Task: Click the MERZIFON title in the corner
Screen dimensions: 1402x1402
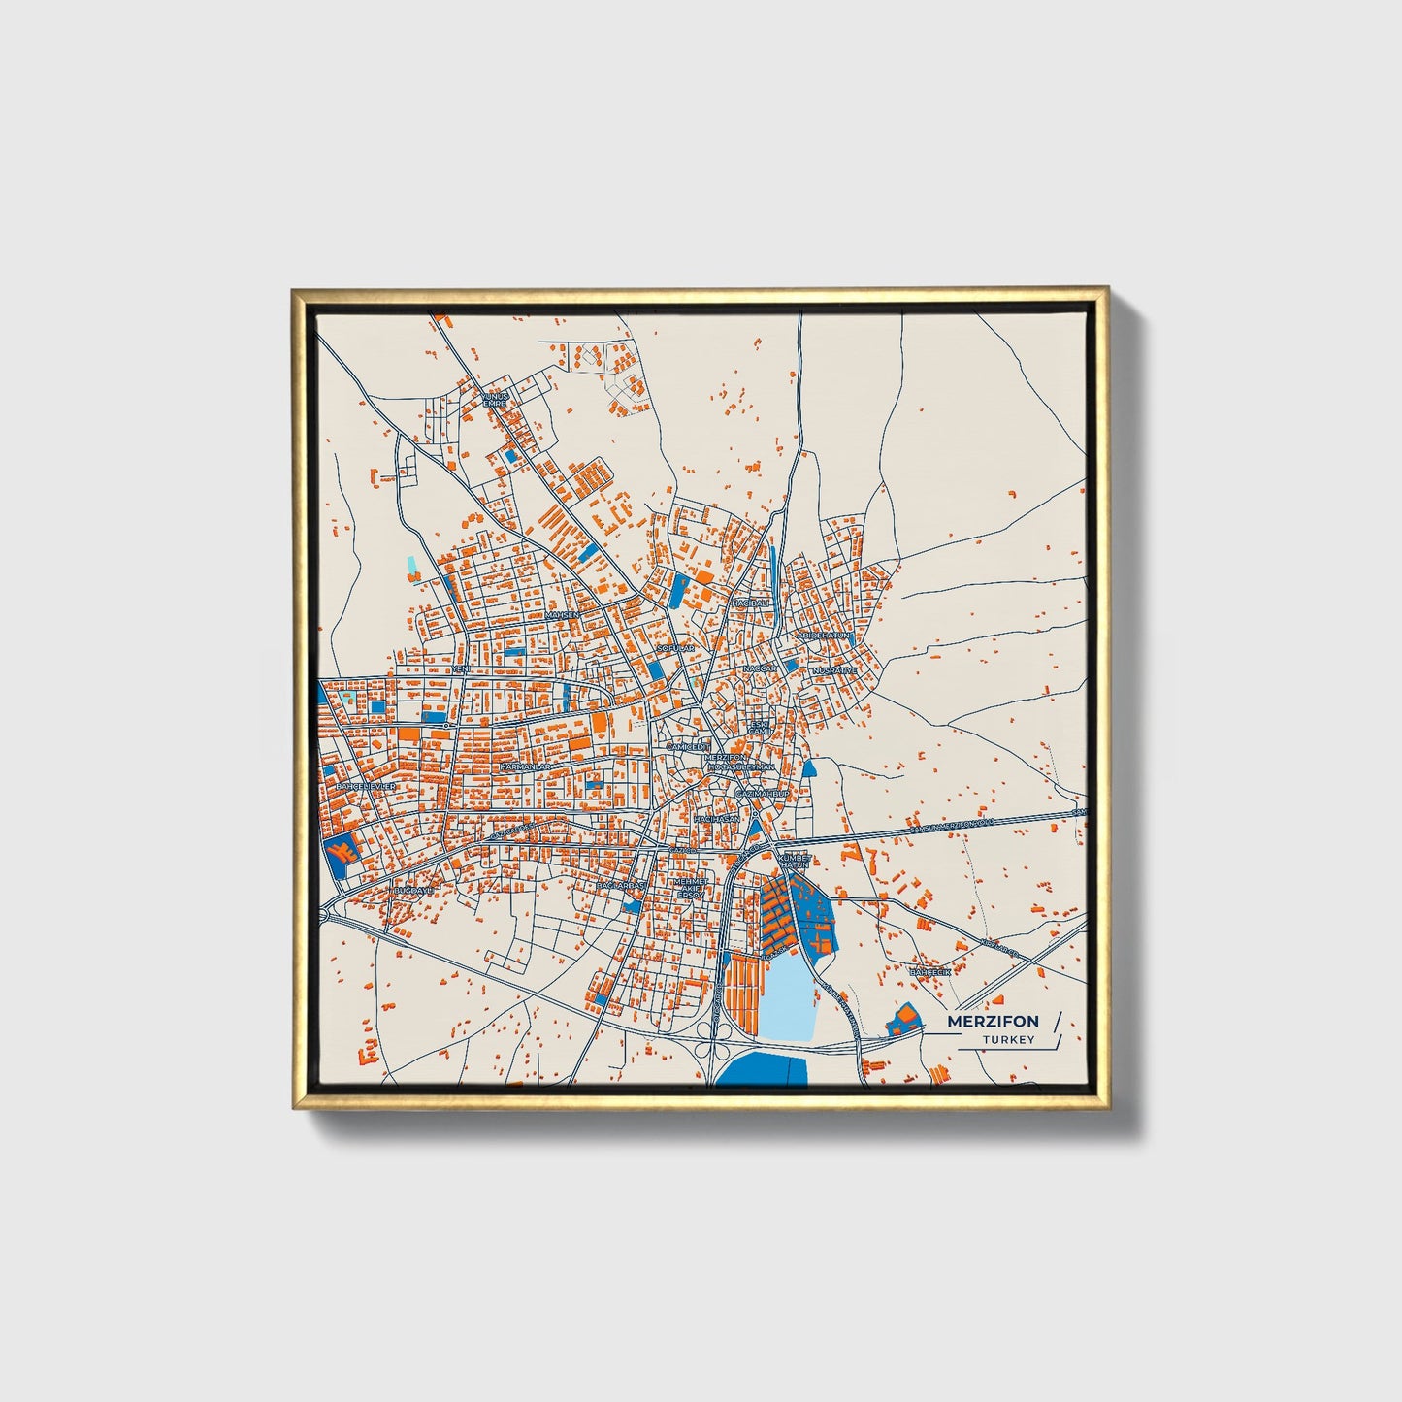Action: click(993, 1021)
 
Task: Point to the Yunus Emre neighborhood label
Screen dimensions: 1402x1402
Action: click(495, 399)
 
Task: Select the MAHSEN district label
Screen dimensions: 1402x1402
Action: click(562, 615)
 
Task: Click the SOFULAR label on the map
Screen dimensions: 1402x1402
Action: click(676, 647)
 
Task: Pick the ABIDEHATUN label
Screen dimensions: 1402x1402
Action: click(824, 635)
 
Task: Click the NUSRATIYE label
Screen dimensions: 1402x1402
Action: click(834, 670)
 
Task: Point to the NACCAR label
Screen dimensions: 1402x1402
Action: click(760, 669)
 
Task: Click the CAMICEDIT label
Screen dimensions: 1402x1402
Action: click(689, 746)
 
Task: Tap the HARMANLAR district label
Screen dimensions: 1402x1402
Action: click(525, 766)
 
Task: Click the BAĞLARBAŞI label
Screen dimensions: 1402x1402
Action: click(621, 886)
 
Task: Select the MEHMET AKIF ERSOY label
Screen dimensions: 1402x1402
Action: click(690, 888)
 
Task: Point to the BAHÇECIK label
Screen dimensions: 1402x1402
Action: click(929, 970)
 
